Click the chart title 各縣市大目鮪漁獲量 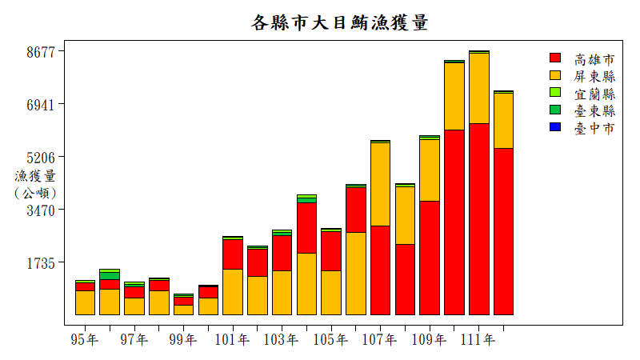[x=340, y=22]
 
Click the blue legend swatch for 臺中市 [x=555, y=128]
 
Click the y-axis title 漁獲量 [x=35, y=176]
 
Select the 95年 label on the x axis [x=85, y=340]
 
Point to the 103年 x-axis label [x=282, y=340]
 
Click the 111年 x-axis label [x=478, y=340]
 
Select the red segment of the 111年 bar [x=479, y=218]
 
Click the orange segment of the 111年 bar [x=479, y=88]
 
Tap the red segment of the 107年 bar [x=380, y=270]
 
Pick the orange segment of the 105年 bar [x=331, y=292]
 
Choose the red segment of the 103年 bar [x=282, y=252]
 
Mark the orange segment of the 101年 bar [x=233, y=291]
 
